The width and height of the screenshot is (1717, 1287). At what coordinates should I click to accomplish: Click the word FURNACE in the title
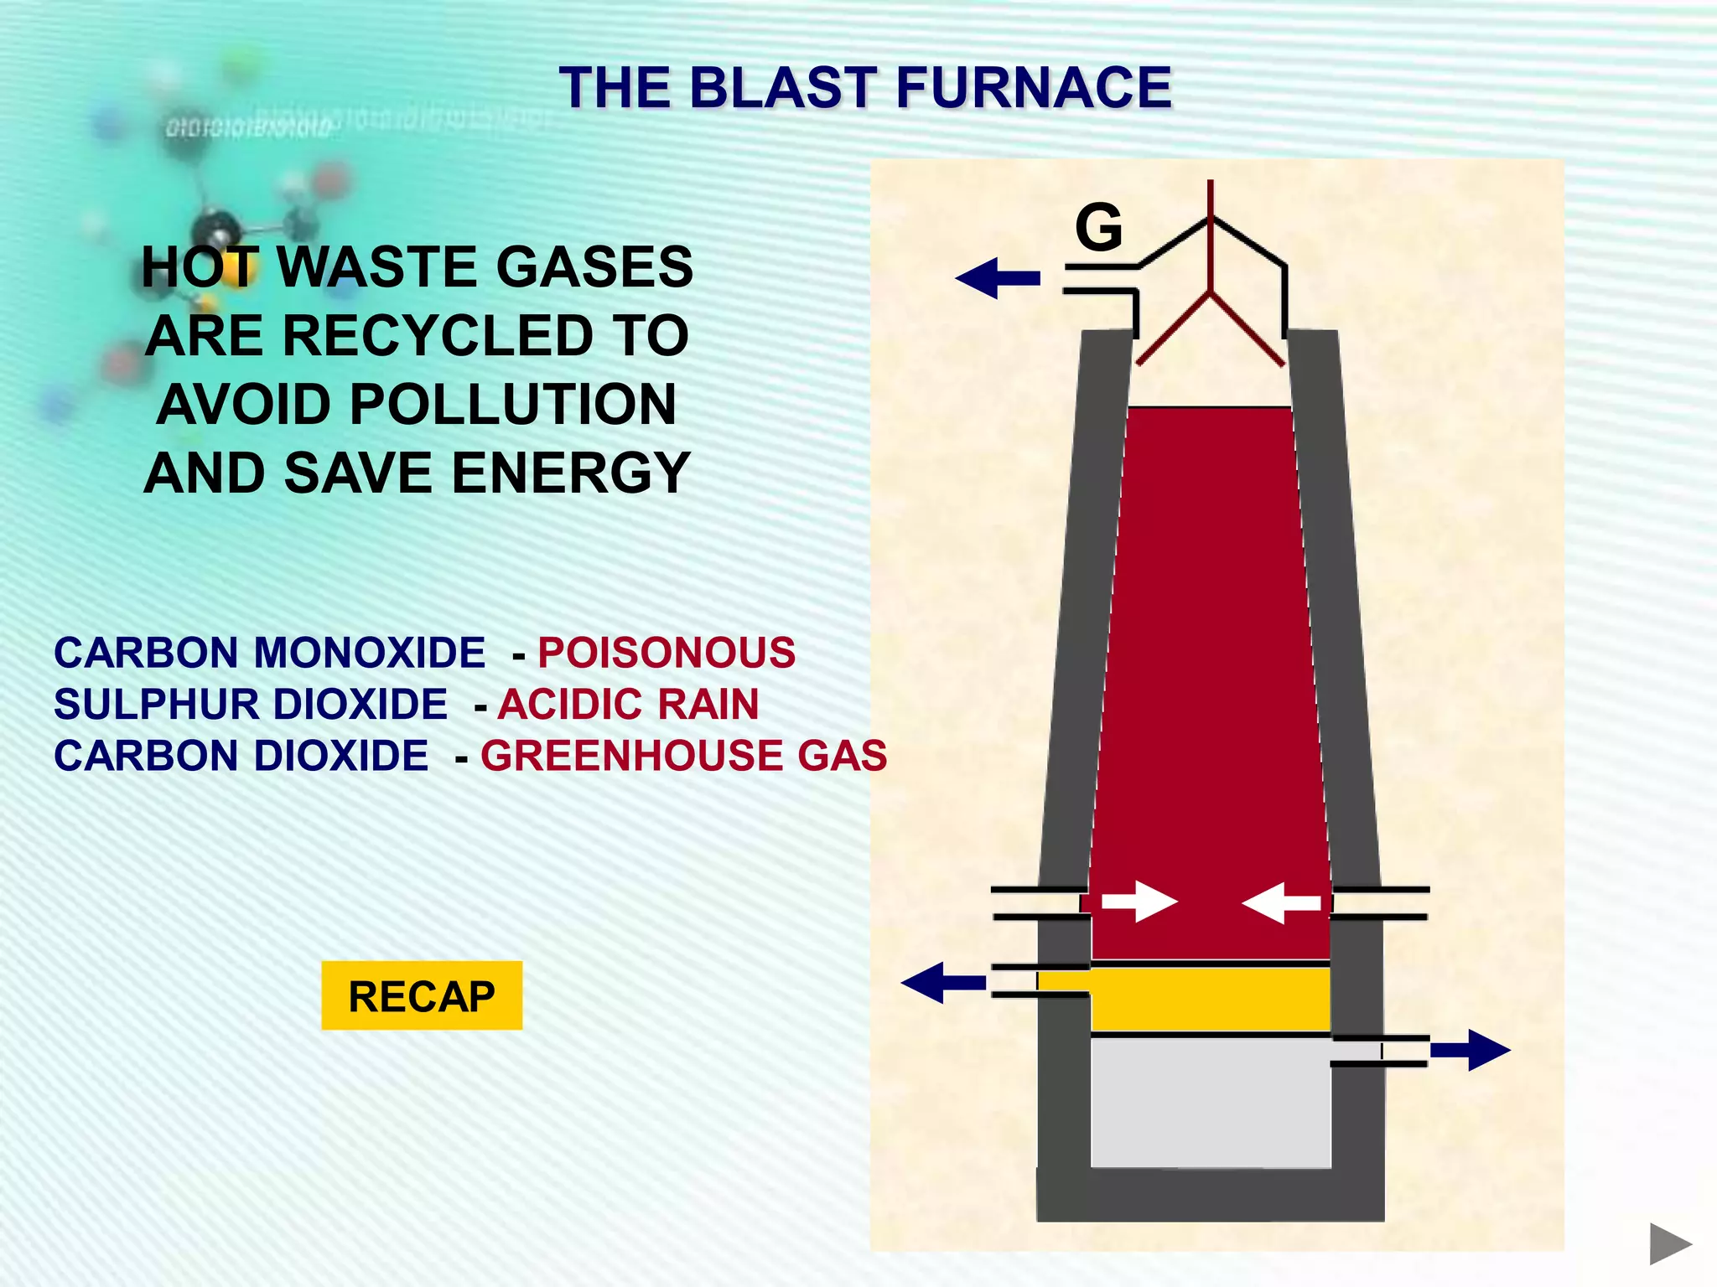click(x=1033, y=87)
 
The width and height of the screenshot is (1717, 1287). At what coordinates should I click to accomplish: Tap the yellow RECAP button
click(x=422, y=995)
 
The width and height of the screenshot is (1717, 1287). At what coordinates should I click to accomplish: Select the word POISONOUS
click(x=667, y=653)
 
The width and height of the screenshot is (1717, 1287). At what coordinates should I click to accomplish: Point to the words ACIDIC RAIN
click(x=628, y=704)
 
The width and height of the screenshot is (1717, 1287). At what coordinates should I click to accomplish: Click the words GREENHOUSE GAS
click(x=683, y=756)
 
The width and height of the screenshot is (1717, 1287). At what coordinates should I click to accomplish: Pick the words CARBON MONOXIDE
click(x=269, y=653)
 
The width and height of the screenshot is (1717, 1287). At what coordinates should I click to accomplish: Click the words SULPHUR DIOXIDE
click(x=251, y=704)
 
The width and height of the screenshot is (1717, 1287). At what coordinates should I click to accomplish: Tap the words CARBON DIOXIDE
click(x=241, y=756)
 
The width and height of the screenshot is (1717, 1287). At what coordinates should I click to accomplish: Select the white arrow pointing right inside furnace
click(x=1139, y=902)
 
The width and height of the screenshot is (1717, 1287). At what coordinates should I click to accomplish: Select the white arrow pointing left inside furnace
click(x=1280, y=902)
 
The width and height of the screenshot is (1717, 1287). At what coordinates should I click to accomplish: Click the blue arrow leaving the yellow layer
click(x=942, y=982)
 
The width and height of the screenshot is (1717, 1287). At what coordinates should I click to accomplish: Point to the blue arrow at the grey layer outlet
click(x=1470, y=1050)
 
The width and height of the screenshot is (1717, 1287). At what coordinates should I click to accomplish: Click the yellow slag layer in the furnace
click(x=1210, y=999)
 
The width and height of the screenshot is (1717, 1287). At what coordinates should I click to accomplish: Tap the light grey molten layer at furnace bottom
click(x=1210, y=1103)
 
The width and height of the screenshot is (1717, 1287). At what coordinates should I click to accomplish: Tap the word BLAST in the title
click(x=783, y=87)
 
